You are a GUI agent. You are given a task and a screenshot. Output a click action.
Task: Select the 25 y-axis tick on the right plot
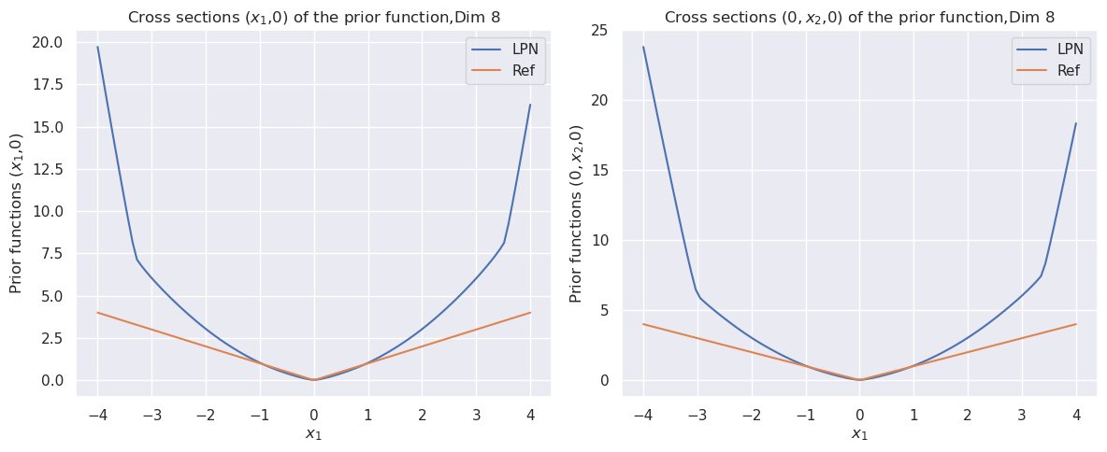pyautogui.click(x=598, y=31)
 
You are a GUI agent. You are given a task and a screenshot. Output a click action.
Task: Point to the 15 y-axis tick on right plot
pyautogui.click(x=598, y=170)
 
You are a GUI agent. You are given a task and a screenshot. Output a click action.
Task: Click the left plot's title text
pyautogui.click(x=313, y=17)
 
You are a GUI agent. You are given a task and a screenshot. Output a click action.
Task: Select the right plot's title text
pyautogui.click(x=859, y=17)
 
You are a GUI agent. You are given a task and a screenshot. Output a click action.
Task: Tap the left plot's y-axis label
pyautogui.click(x=17, y=213)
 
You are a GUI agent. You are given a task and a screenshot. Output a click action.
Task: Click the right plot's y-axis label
pyautogui.click(x=576, y=213)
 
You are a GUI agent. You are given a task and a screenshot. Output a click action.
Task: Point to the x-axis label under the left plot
pyautogui.click(x=313, y=433)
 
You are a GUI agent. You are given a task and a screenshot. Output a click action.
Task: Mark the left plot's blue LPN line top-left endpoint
pyautogui.click(x=97, y=47)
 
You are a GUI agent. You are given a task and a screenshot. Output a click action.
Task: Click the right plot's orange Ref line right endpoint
pyautogui.click(x=1076, y=324)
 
